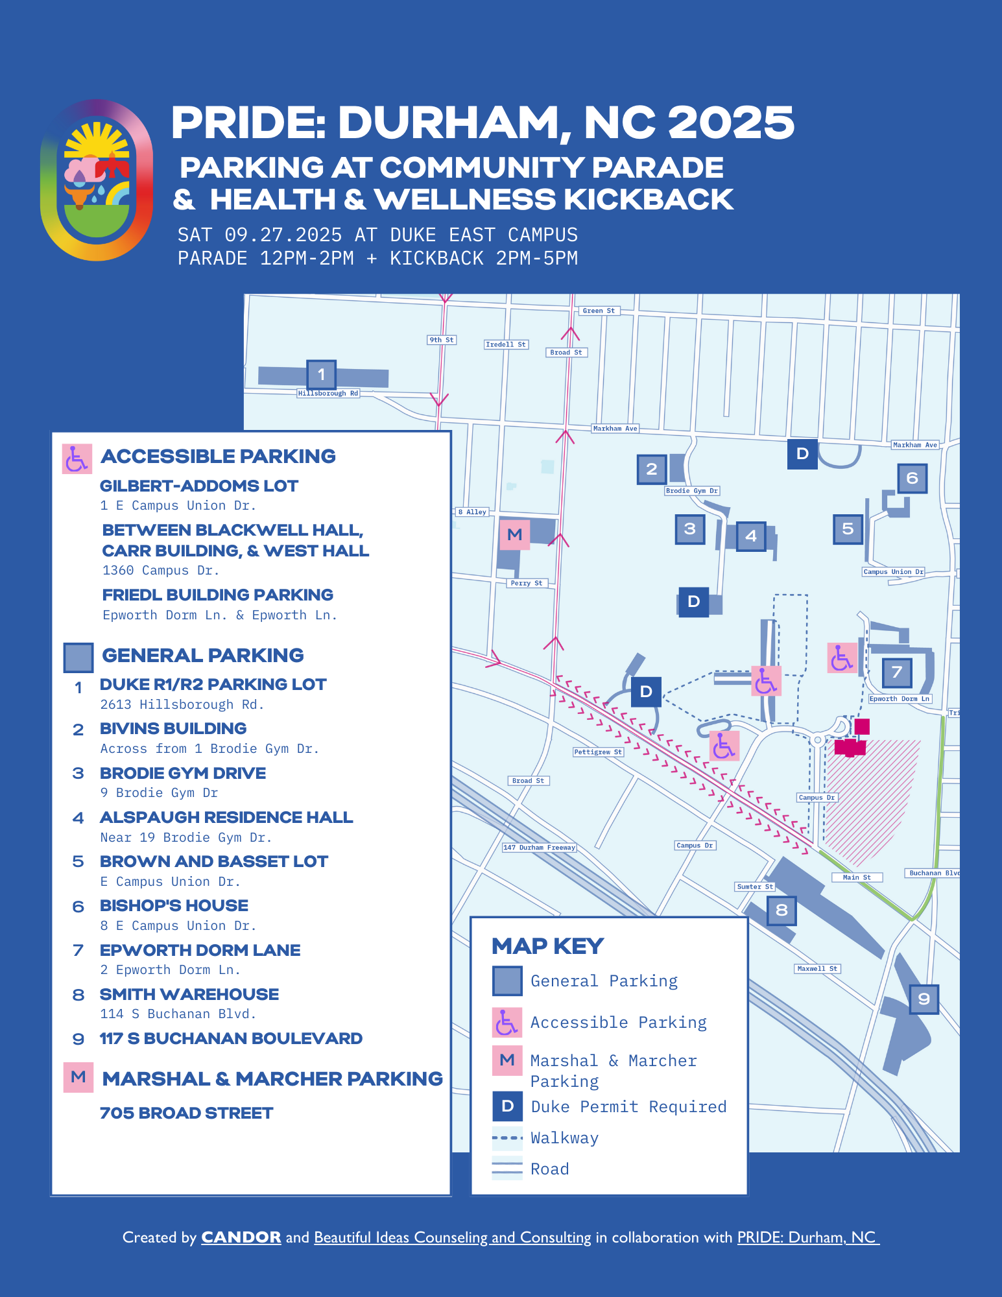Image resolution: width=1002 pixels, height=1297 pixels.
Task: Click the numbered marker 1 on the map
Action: pos(321,374)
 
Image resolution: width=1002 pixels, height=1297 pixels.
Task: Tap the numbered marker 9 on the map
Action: pos(924,999)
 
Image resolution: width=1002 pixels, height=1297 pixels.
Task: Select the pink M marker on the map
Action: pos(514,534)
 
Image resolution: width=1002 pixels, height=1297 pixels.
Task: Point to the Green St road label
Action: pos(598,311)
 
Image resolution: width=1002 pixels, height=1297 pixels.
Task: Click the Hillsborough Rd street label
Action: pos(328,393)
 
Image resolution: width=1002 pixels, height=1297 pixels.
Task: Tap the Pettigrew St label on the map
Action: pos(598,752)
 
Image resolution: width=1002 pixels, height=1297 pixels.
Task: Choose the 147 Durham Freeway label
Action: pos(540,847)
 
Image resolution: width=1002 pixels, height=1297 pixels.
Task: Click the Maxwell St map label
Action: pos(817,968)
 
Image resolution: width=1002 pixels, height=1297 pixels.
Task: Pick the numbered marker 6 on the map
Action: pos(912,479)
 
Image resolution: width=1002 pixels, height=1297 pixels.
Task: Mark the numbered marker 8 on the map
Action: pos(781,910)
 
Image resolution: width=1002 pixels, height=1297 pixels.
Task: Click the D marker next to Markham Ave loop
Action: pos(802,454)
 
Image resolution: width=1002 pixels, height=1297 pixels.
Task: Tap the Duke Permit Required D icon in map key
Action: pos(507,1106)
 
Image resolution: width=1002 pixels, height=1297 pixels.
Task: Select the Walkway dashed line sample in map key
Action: pos(507,1137)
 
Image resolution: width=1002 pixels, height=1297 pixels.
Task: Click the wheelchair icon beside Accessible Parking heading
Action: pos(77,459)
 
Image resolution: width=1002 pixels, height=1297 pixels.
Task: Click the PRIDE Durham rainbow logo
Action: pos(97,180)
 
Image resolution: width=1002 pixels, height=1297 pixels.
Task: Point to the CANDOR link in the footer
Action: pos(241,1237)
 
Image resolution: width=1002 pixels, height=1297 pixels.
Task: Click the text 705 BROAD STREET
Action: pos(186,1113)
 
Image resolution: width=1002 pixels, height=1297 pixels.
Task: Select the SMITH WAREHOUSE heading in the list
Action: pos(189,994)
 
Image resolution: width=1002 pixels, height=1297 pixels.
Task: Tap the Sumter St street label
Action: pos(755,886)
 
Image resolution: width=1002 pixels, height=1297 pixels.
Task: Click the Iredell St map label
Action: pos(506,344)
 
